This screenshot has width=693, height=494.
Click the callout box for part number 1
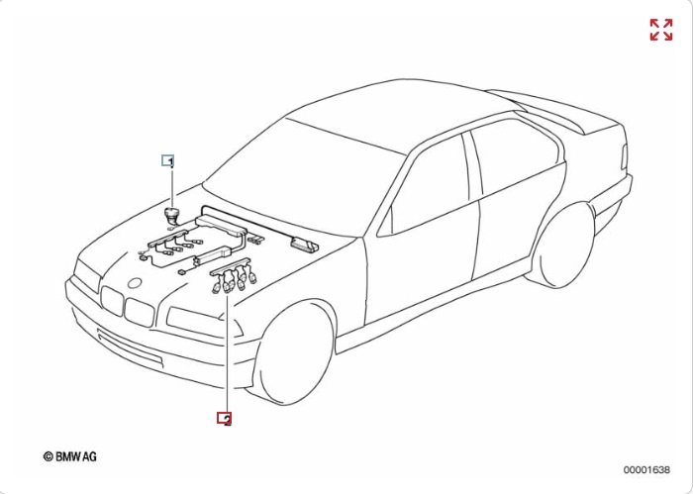click(x=167, y=160)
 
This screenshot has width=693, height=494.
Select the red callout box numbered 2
click(x=224, y=418)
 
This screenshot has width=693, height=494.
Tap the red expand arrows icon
click(x=661, y=30)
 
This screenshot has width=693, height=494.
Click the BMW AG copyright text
click(x=70, y=456)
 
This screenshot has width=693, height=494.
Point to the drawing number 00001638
click(x=646, y=469)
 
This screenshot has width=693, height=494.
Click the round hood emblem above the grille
click(x=134, y=283)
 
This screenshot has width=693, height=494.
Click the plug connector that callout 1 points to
click(x=170, y=215)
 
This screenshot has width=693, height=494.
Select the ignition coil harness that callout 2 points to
click(x=234, y=276)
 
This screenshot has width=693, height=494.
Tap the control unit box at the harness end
click(x=304, y=245)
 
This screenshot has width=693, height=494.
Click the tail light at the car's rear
click(x=625, y=156)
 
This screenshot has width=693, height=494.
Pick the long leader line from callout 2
click(x=227, y=353)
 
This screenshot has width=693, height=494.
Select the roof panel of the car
click(x=398, y=115)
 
